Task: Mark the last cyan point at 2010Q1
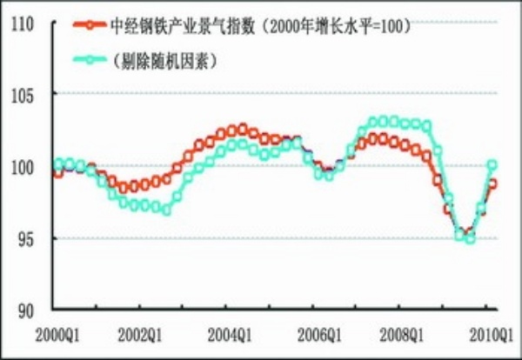point(492,164)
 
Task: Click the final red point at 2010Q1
point(492,183)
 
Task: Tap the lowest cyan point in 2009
point(470,238)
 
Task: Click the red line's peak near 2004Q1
point(243,129)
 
